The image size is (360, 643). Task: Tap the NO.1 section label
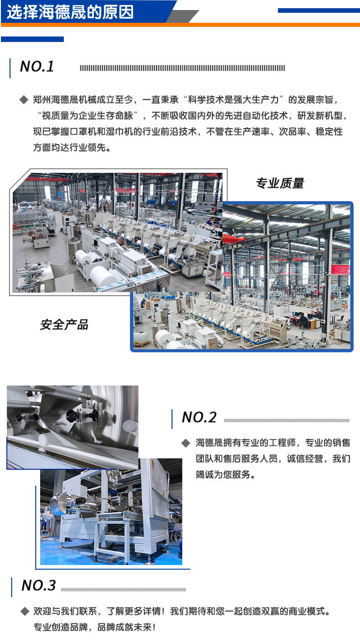tap(37, 67)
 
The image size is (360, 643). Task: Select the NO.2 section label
tap(199, 417)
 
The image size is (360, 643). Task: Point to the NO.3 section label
tap(39, 585)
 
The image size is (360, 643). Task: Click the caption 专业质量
tap(280, 183)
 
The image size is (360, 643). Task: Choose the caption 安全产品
tap(64, 325)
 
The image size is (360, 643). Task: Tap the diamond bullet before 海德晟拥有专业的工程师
tap(185, 443)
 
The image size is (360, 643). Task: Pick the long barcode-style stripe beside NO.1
tap(182, 68)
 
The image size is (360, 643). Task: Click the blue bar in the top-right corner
tap(319, 10)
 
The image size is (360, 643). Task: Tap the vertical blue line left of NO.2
tap(172, 418)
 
